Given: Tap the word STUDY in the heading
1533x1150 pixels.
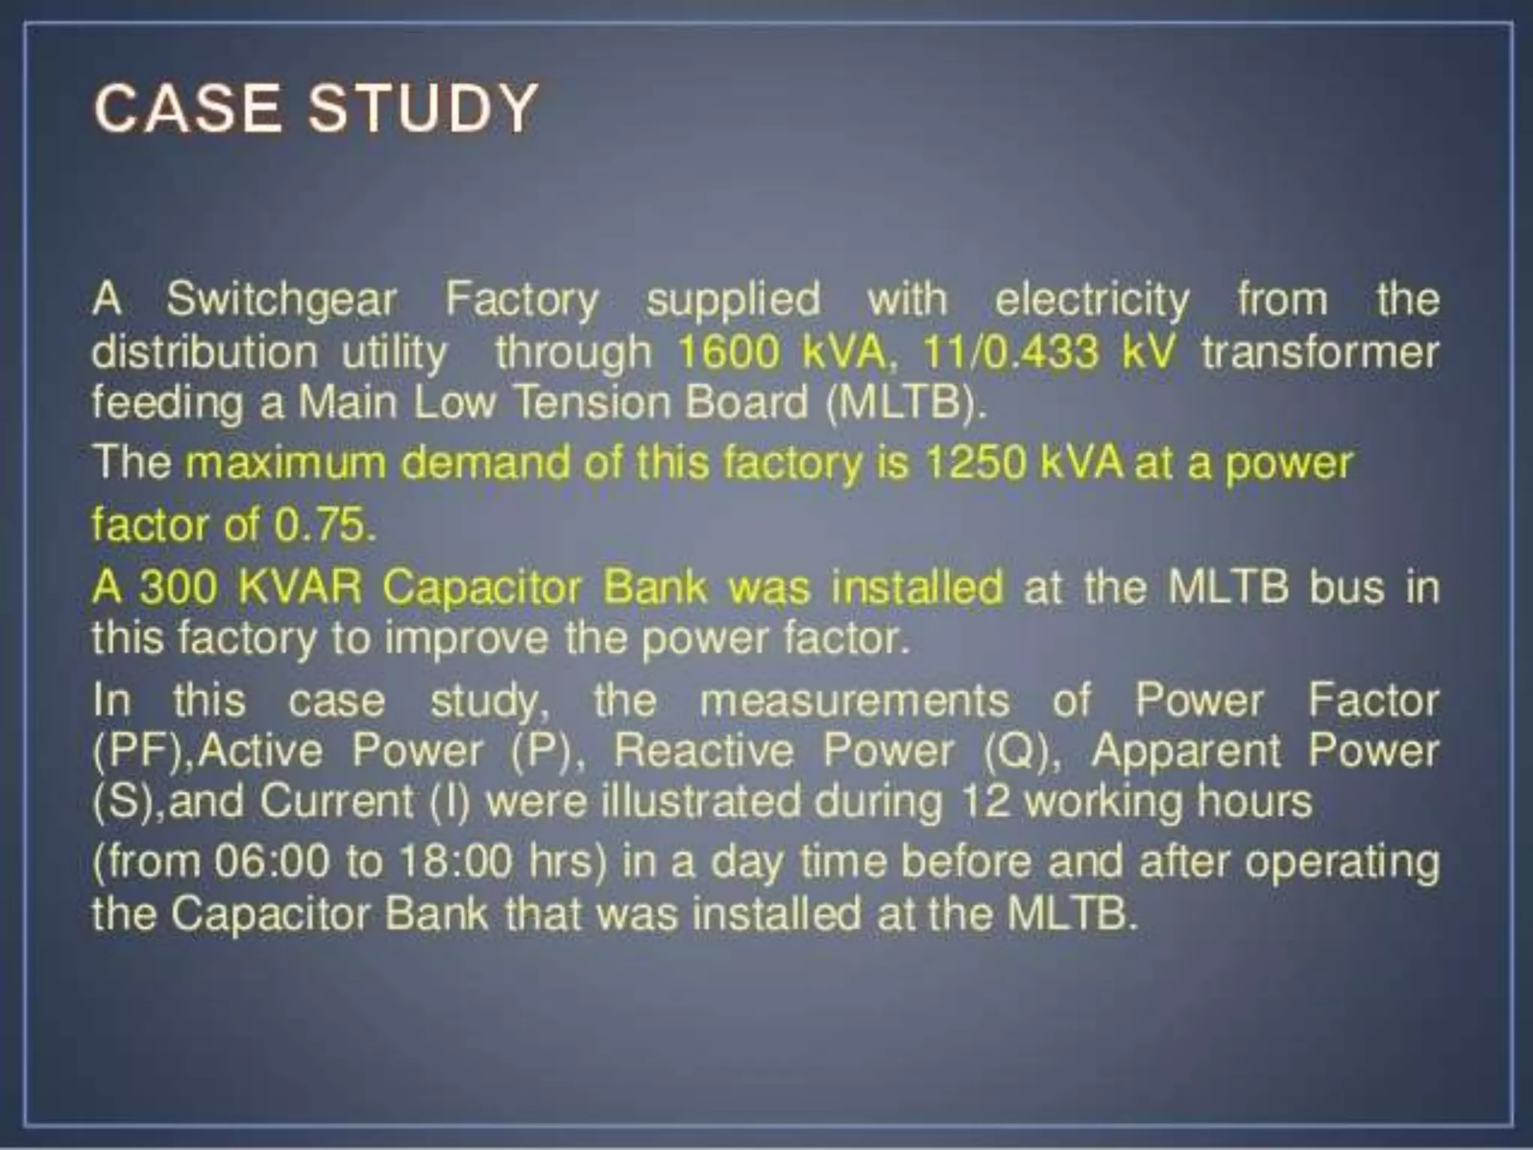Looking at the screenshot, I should coord(423,109).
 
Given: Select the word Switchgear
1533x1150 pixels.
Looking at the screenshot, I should coord(281,299).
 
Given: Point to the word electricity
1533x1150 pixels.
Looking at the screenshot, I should coord(1091,299).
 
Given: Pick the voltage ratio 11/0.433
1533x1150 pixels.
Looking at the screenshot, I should coord(1011,352).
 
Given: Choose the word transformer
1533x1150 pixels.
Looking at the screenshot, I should coord(1320,352).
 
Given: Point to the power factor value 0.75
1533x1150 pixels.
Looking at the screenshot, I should coord(323,525).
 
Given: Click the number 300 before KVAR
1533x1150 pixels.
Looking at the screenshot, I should coord(178,587).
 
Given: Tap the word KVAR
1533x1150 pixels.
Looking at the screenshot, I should coord(299,587).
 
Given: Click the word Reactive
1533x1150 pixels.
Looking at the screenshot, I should coord(703,751).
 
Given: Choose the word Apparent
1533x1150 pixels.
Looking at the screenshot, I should coord(1186,751).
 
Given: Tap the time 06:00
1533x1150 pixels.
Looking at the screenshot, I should coord(271,862).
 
